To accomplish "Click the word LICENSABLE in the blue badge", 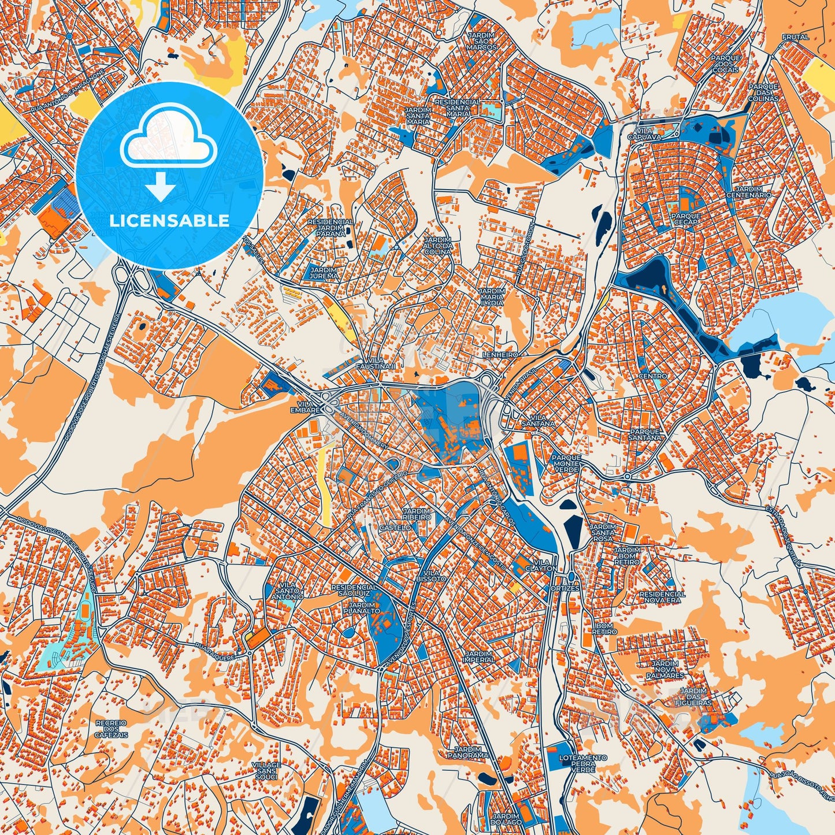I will click(169, 221).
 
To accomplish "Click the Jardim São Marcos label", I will click(481, 41).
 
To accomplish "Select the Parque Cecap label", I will click(686, 218).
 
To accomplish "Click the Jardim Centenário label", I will click(752, 192).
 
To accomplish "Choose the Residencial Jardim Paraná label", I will click(330, 228).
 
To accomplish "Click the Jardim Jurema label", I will click(324, 273).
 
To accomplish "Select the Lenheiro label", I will click(500, 354).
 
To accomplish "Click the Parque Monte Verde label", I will click(567, 463).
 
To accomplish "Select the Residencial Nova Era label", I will click(662, 597).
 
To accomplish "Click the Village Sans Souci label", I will click(266, 770).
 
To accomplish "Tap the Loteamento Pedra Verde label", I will click(582, 763).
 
